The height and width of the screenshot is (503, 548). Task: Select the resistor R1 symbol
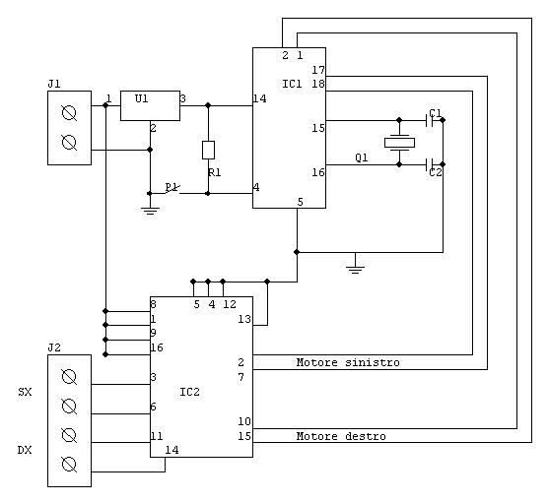208,150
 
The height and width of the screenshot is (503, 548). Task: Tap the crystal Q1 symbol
399,143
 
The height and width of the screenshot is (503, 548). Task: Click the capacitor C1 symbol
430,120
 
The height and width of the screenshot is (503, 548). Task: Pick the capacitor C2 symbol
430,164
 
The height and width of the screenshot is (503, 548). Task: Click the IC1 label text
292,84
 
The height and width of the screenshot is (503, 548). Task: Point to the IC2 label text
189,392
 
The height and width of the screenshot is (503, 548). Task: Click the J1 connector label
54,84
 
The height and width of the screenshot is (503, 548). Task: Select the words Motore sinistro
348,362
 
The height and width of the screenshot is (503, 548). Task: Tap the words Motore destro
341,436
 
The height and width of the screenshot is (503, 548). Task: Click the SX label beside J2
25,392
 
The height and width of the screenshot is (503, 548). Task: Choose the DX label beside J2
25,450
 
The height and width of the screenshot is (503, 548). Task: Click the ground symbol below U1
150,211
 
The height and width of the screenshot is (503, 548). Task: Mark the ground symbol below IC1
355,270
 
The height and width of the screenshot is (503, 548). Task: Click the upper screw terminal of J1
69,113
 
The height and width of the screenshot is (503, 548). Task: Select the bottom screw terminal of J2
69,465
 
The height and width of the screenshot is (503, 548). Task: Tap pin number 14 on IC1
259,98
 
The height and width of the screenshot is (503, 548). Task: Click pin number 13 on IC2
244,319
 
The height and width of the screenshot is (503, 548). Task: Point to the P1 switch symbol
172,188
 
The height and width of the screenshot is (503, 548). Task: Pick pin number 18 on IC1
318,84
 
